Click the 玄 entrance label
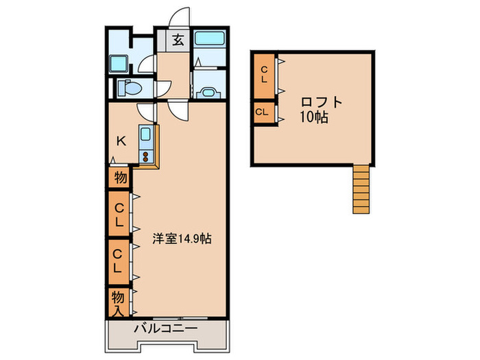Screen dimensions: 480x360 click(178, 40)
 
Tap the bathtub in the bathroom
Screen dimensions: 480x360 click(210, 38)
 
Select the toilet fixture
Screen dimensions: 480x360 click(130, 88)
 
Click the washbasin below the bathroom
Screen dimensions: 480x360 click(208, 93)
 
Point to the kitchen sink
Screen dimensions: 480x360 click(145, 134)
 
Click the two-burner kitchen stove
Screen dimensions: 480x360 click(145, 156)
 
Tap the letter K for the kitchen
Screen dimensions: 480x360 click(121, 141)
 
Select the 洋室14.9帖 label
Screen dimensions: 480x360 click(182, 239)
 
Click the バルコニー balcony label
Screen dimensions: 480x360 click(166, 328)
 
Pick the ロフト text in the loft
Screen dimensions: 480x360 click(321, 102)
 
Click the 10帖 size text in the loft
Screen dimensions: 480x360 click(314, 117)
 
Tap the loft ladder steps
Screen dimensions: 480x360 click(361, 189)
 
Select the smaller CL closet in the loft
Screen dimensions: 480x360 click(264, 112)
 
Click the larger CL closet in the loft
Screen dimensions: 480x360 click(264, 76)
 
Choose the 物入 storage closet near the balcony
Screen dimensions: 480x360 click(119, 303)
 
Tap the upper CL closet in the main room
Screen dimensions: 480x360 click(119, 214)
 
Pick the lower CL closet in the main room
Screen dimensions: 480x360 click(119, 261)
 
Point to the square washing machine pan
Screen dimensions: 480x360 click(119, 64)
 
